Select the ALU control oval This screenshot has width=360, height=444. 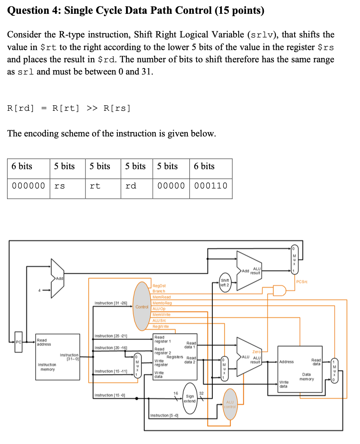230,404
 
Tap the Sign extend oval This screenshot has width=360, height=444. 190,398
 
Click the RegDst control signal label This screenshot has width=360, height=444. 159,285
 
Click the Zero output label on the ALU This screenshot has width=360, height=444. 256,351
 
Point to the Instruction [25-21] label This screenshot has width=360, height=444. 111,336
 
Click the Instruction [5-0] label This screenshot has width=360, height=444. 165,416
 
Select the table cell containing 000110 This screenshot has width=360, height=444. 211,186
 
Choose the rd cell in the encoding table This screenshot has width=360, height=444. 131,186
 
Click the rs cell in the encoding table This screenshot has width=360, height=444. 59,186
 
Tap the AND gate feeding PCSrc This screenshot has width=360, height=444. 279,291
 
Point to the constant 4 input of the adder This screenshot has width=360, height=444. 39,291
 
